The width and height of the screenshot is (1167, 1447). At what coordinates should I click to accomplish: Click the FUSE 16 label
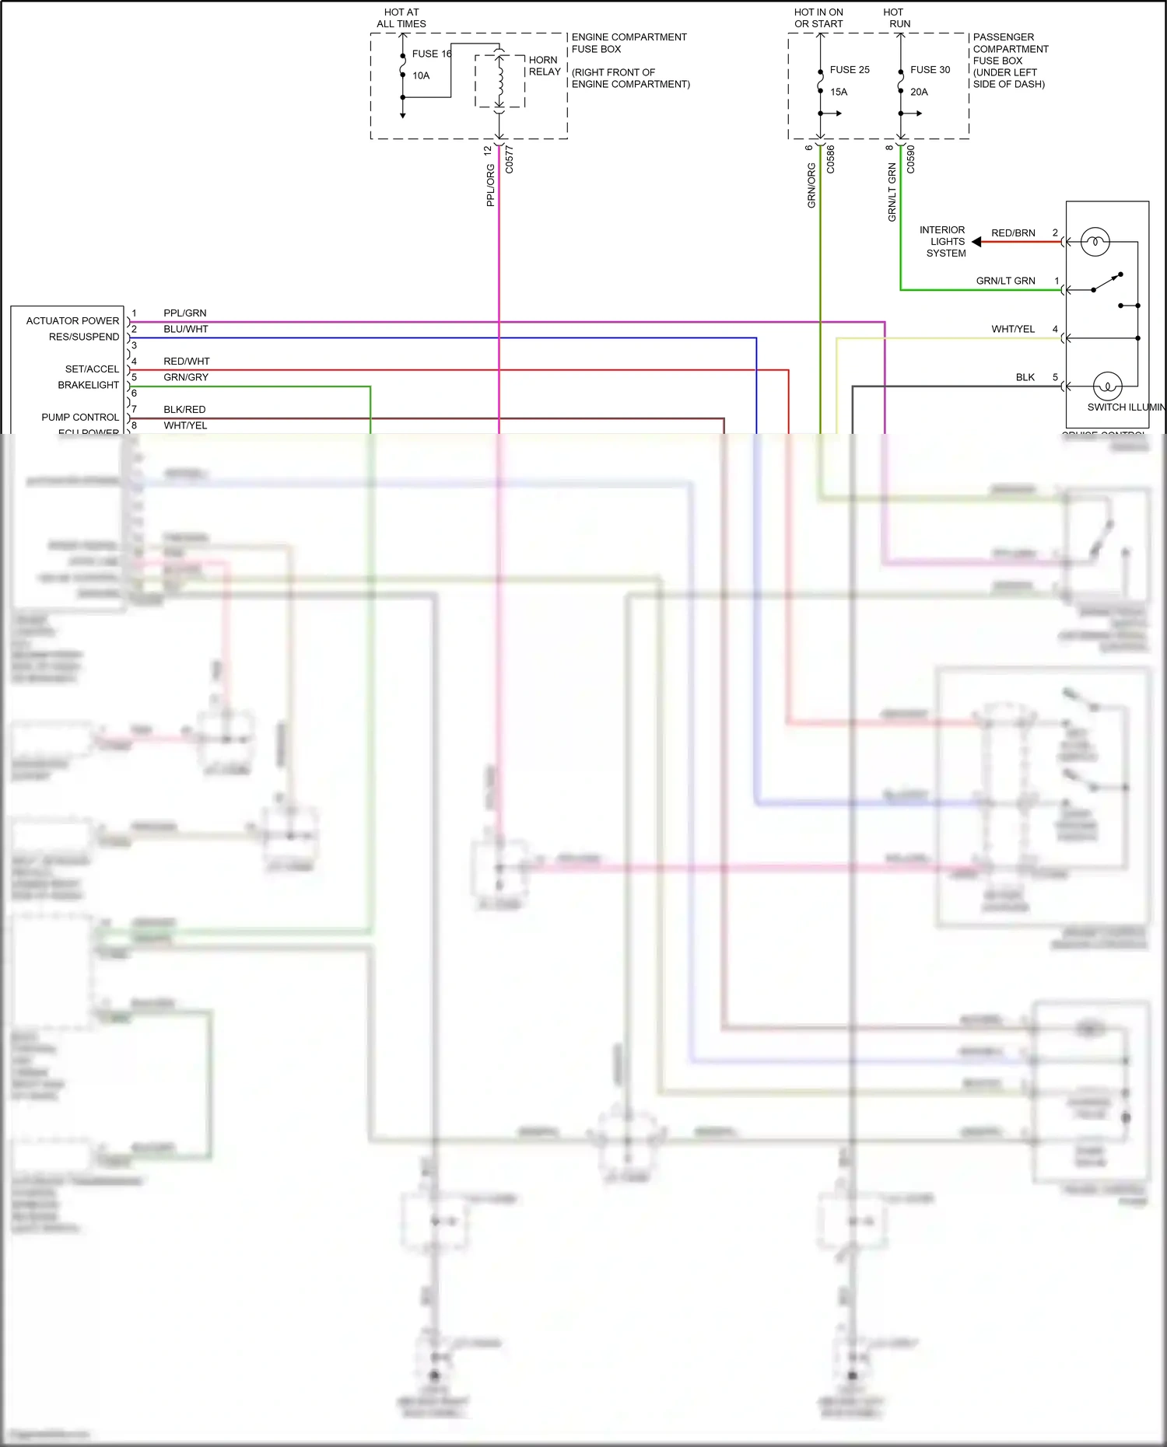point(431,54)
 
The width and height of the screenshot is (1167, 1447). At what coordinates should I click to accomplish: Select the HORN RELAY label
point(544,65)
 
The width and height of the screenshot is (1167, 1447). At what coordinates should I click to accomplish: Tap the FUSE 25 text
point(849,70)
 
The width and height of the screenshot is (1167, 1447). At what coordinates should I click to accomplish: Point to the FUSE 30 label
point(930,70)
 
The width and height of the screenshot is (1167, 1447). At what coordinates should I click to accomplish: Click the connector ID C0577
point(510,159)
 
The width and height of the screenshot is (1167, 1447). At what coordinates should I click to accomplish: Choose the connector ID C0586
point(830,159)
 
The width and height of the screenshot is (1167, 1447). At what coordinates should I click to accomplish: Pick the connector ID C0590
point(910,159)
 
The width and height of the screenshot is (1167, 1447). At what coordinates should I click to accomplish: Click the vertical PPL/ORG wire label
point(490,185)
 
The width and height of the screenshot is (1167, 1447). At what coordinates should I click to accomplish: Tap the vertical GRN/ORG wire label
point(811,185)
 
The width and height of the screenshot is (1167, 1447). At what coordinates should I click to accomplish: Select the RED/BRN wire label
point(1013,233)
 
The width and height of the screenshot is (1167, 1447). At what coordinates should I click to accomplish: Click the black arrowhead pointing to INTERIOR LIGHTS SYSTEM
point(976,242)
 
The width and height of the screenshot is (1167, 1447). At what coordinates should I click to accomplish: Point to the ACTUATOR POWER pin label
point(72,321)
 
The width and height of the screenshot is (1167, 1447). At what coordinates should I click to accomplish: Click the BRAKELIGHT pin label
point(88,386)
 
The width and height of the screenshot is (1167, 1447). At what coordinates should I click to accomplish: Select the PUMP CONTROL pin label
point(80,418)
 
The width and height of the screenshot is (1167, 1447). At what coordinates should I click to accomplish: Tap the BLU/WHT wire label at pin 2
point(186,330)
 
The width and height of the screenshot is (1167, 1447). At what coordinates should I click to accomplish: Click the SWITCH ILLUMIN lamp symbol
point(1107,386)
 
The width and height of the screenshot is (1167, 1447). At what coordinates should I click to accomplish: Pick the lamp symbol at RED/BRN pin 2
point(1095,242)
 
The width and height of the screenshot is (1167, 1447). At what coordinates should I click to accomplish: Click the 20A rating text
point(919,92)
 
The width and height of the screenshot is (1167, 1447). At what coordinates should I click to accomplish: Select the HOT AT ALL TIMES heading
point(401,18)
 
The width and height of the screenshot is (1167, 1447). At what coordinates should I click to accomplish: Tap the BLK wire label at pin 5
point(1025,378)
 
